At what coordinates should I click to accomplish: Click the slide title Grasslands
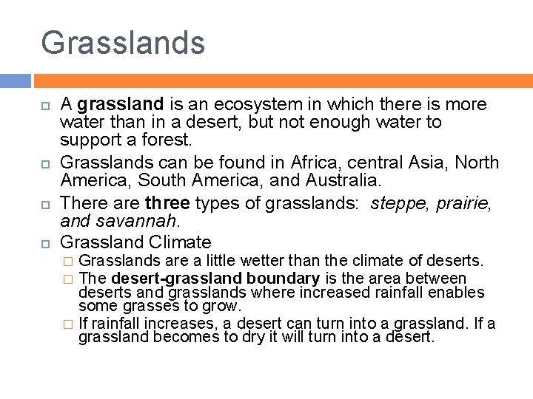123,43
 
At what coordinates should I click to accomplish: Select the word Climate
180,242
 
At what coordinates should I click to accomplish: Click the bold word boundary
283,279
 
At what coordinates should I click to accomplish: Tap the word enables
460,293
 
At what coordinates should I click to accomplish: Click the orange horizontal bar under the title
282,81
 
